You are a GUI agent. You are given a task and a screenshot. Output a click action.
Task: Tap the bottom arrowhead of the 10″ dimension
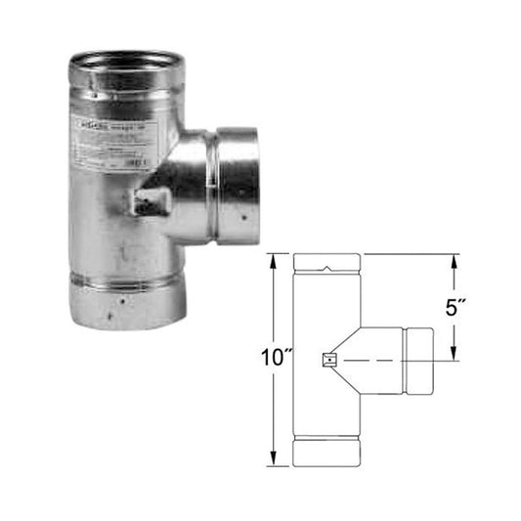277,461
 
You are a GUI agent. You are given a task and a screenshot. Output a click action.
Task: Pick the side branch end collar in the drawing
417,360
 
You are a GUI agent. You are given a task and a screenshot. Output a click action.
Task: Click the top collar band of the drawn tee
326,263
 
